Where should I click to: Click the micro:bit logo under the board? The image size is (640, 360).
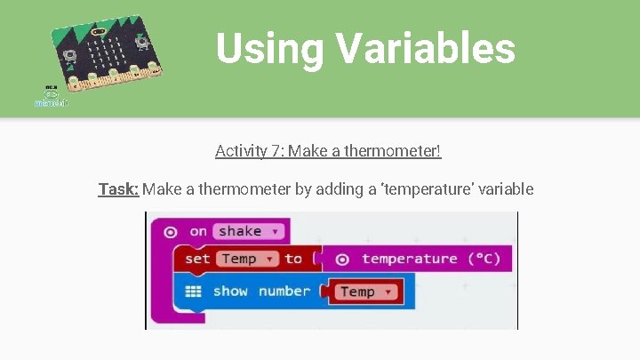[x=51, y=97]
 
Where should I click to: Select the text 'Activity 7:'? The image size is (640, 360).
[x=241, y=151]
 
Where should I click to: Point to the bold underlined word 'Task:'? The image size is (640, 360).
[x=118, y=188]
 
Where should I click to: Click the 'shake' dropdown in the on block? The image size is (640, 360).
[x=246, y=231]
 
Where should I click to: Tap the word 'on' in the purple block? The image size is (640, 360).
[x=198, y=231]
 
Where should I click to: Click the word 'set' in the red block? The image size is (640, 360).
[x=197, y=259]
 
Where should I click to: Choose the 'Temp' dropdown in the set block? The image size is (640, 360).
[x=245, y=259]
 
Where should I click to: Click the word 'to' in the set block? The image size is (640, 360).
[x=293, y=259]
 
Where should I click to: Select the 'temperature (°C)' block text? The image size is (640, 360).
[x=431, y=259]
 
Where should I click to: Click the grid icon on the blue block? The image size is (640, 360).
[x=195, y=292]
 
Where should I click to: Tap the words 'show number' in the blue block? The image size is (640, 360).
[x=261, y=292]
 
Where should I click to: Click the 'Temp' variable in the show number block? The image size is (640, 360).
[x=364, y=292]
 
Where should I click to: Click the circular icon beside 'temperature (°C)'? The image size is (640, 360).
[x=341, y=259]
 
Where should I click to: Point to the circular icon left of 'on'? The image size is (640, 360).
[x=170, y=231]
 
